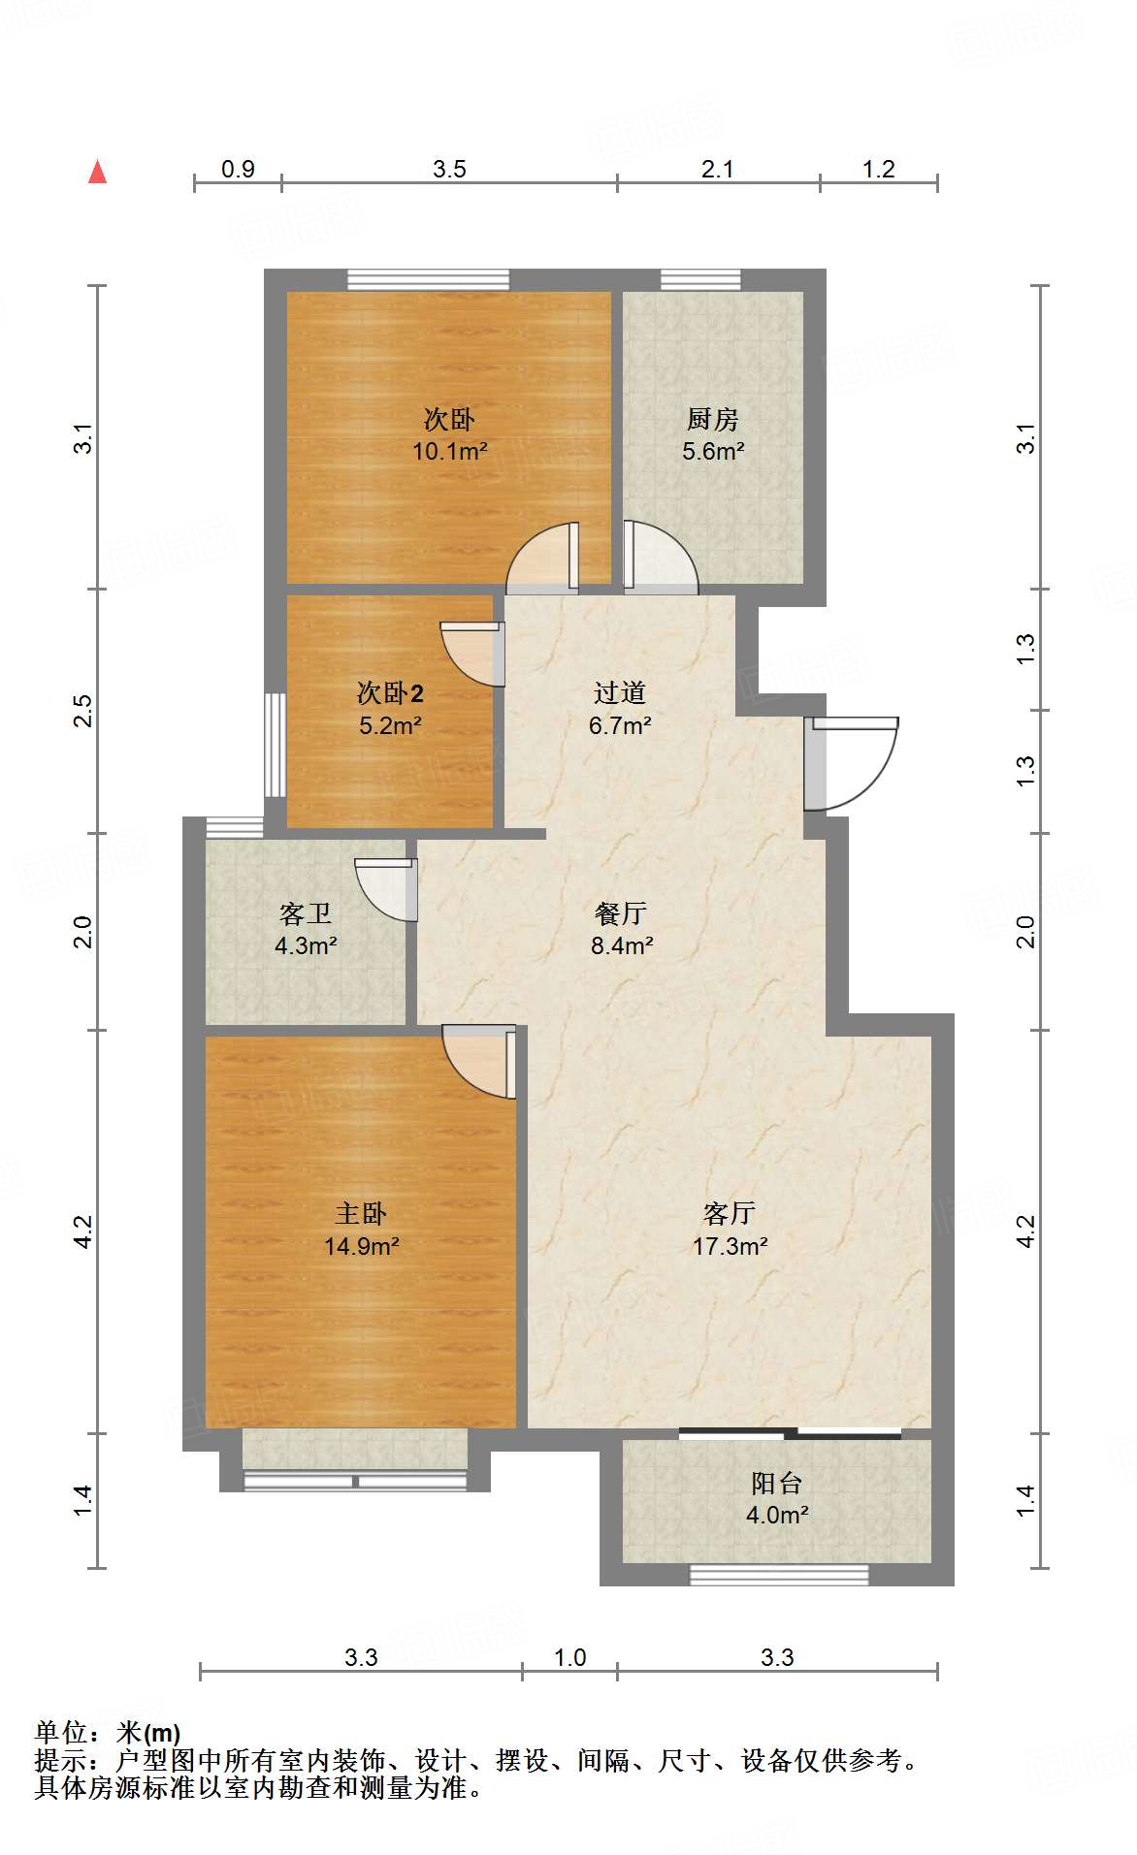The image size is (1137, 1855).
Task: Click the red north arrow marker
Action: tap(98, 172)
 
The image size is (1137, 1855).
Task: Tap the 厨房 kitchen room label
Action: tap(713, 419)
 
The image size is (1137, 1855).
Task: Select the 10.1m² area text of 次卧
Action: tap(449, 451)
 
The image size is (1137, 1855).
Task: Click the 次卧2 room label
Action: tap(390, 693)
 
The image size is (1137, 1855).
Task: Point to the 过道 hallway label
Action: tap(620, 693)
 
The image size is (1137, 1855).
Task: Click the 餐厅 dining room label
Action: tap(621, 913)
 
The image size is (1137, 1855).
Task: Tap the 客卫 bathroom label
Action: tap(306, 913)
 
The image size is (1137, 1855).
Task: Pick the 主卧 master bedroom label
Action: tap(361, 1214)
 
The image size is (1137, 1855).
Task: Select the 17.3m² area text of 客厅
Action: tap(730, 1246)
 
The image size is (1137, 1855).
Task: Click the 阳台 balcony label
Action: tap(776, 1483)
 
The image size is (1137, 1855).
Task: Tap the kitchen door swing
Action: tap(660, 558)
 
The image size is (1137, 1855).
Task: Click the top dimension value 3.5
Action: tap(449, 170)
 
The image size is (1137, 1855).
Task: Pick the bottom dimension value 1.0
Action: tap(569, 1658)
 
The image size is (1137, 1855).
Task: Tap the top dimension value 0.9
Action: tap(238, 170)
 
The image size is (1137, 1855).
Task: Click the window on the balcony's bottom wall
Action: tap(778, 1576)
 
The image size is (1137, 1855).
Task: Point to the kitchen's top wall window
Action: tap(700, 280)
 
